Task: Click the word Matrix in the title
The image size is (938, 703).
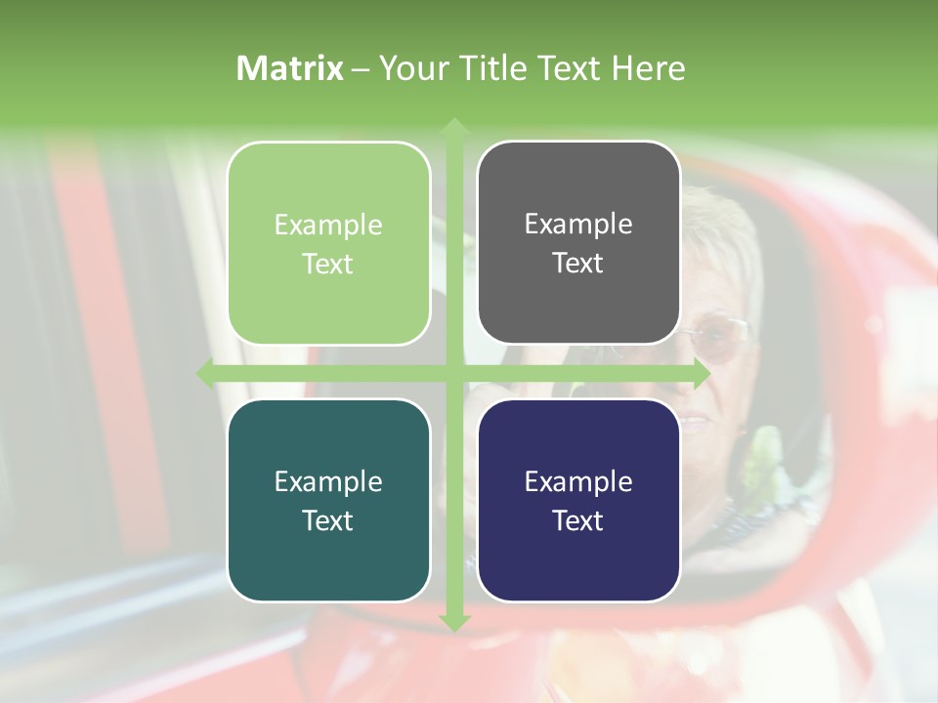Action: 290,68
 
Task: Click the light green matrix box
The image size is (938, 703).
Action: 328,243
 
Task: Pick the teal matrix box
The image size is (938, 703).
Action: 328,500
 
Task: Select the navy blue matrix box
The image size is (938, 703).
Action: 578,500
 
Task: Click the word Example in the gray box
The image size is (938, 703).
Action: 578,224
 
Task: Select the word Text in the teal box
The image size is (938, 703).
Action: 328,520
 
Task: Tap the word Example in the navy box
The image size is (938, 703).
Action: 578,481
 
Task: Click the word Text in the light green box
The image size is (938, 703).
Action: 328,264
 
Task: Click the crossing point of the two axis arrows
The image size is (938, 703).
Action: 453,373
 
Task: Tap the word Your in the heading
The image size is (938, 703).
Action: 410,68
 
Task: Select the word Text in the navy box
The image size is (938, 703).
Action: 578,520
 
